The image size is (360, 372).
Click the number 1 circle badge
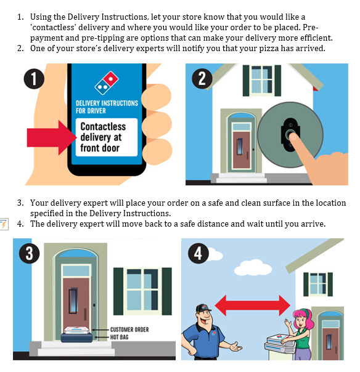tap(34, 79)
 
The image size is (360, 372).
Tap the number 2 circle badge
tap(202, 79)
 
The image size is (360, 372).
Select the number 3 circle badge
tap(29, 253)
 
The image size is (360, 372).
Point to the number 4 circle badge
tap(198, 253)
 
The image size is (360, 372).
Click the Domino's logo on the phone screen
tap(107, 83)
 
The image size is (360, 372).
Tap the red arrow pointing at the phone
tap(52, 137)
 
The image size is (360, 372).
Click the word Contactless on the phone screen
tap(103, 126)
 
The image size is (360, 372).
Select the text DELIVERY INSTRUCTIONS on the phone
tap(107, 103)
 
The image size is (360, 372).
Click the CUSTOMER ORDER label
tap(129, 330)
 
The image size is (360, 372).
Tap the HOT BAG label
tap(119, 337)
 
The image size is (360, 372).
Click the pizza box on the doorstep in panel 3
tap(76, 330)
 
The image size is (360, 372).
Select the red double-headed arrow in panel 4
tap(252, 305)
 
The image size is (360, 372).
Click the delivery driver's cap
tap(203, 308)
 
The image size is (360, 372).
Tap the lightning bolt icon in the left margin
tap(4, 224)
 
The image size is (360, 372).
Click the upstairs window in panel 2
tap(262, 81)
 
